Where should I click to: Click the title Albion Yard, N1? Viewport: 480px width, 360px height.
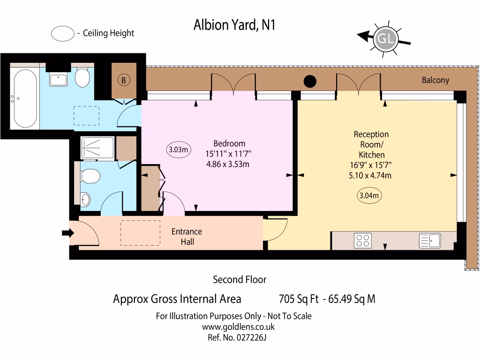[234, 25]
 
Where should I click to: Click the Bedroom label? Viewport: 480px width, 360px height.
[229, 143]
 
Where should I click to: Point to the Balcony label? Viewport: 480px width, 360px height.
[435, 80]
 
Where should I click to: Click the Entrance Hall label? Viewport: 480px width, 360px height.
[187, 237]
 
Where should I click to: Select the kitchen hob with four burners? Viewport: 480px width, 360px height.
[363, 240]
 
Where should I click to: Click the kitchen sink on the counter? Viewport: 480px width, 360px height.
[429, 240]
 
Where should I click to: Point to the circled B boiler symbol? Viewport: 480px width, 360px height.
[123, 80]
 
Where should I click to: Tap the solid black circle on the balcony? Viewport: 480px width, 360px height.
[310, 82]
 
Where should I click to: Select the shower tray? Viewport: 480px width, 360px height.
[97, 148]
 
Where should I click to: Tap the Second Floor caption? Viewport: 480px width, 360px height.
[240, 280]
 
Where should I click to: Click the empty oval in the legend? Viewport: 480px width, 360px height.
[62, 33]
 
